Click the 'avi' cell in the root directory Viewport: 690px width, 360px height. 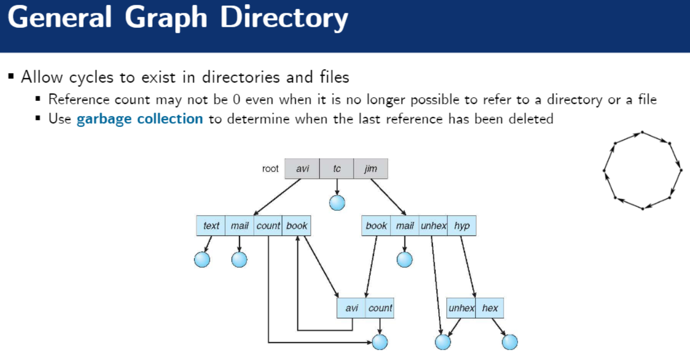pos(302,169)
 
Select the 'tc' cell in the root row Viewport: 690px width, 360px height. pos(336,169)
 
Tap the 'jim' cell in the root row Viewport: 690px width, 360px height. pos(370,169)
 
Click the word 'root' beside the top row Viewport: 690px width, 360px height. pos(270,169)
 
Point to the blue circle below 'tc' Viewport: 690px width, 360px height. pos(337,202)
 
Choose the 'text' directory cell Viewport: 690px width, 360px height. pos(211,226)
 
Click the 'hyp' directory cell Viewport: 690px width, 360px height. pos(462,226)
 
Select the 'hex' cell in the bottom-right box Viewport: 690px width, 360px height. pos(490,308)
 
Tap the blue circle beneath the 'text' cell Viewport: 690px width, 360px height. pos(202,259)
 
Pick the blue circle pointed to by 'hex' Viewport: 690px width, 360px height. pos(509,342)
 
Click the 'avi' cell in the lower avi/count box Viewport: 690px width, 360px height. pos(351,308)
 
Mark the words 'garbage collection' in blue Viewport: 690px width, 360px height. pos(140,118)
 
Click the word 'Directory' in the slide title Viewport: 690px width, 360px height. pos(284,19)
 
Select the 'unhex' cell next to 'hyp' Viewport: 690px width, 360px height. pos(433,226)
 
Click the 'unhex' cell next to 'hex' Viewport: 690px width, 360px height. pos(461,308)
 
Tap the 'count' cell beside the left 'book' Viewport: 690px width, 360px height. pos(268,226)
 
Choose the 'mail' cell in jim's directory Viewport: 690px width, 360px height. pos(404,226)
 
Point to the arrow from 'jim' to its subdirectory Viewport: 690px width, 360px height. pos(388,196)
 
